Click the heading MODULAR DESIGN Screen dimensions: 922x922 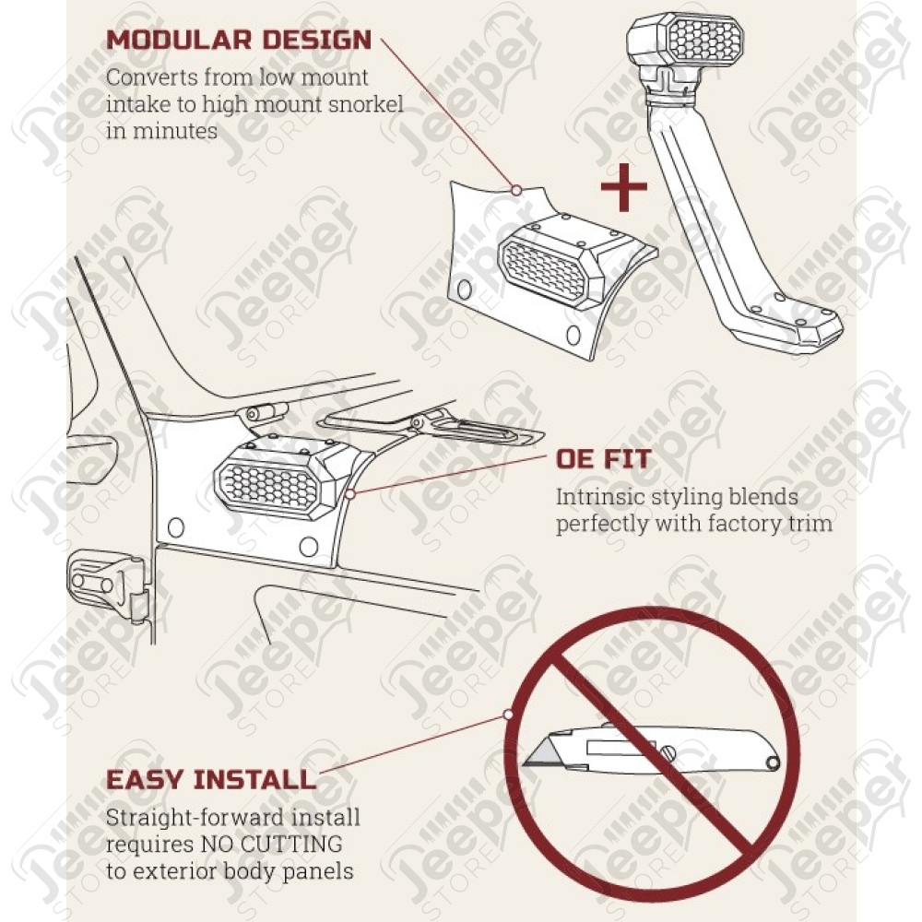click(239, 40)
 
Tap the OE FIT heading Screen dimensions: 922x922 click(603, 459)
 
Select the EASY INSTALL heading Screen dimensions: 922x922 click(211, 780)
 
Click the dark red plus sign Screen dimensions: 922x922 click(624, 187)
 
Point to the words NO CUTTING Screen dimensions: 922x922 click(272, 844)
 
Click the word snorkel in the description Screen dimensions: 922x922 click(366, 104)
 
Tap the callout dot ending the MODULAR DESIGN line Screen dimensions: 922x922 click(516, 190)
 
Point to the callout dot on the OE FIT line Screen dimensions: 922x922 click(349, 494)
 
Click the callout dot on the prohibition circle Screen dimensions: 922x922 click(508, 715)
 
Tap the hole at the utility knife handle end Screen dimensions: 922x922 click(772, 763)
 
